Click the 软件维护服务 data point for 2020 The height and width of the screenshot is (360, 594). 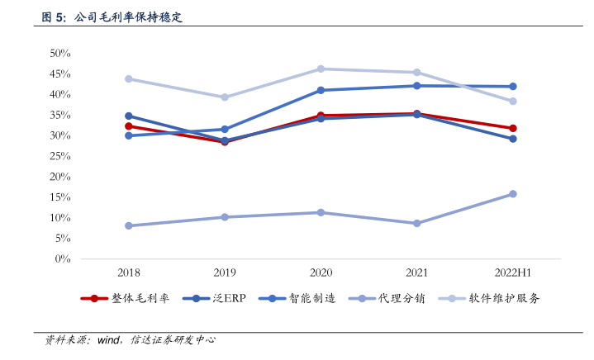click(321, 69)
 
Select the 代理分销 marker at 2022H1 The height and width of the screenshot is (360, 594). click(513, 194)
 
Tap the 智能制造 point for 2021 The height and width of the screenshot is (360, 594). click(416, 86)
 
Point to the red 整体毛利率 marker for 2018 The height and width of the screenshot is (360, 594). click(129, 126)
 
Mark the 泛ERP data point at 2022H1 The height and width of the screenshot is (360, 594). click(513, 139)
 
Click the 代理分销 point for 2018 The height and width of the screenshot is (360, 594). click(129, 225)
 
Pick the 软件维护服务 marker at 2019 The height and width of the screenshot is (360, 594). click(225, 97)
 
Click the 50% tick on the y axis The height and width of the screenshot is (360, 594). click(60, 53)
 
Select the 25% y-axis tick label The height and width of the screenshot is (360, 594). click(60, 156)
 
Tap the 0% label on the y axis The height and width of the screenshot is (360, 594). click(63, 259)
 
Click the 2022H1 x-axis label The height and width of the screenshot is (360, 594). click(512, 272)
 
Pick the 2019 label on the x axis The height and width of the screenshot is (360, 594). click(225, 272)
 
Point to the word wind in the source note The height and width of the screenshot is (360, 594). click(110, 339)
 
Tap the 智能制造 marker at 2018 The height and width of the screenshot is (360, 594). click(129, 135)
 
